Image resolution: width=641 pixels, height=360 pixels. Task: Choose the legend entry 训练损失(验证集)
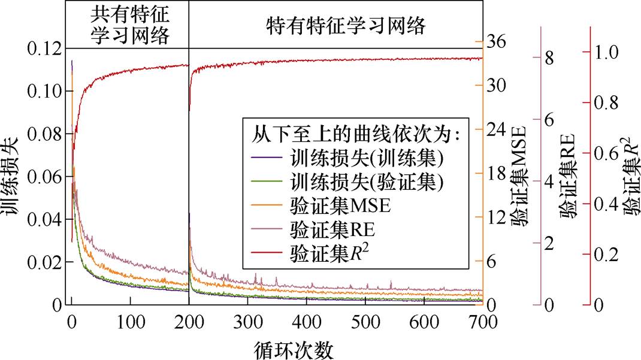click(366, 180)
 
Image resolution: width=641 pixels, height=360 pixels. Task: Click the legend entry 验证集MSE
click(339, 205)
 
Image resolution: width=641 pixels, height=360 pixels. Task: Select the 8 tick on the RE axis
click(549, 58)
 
